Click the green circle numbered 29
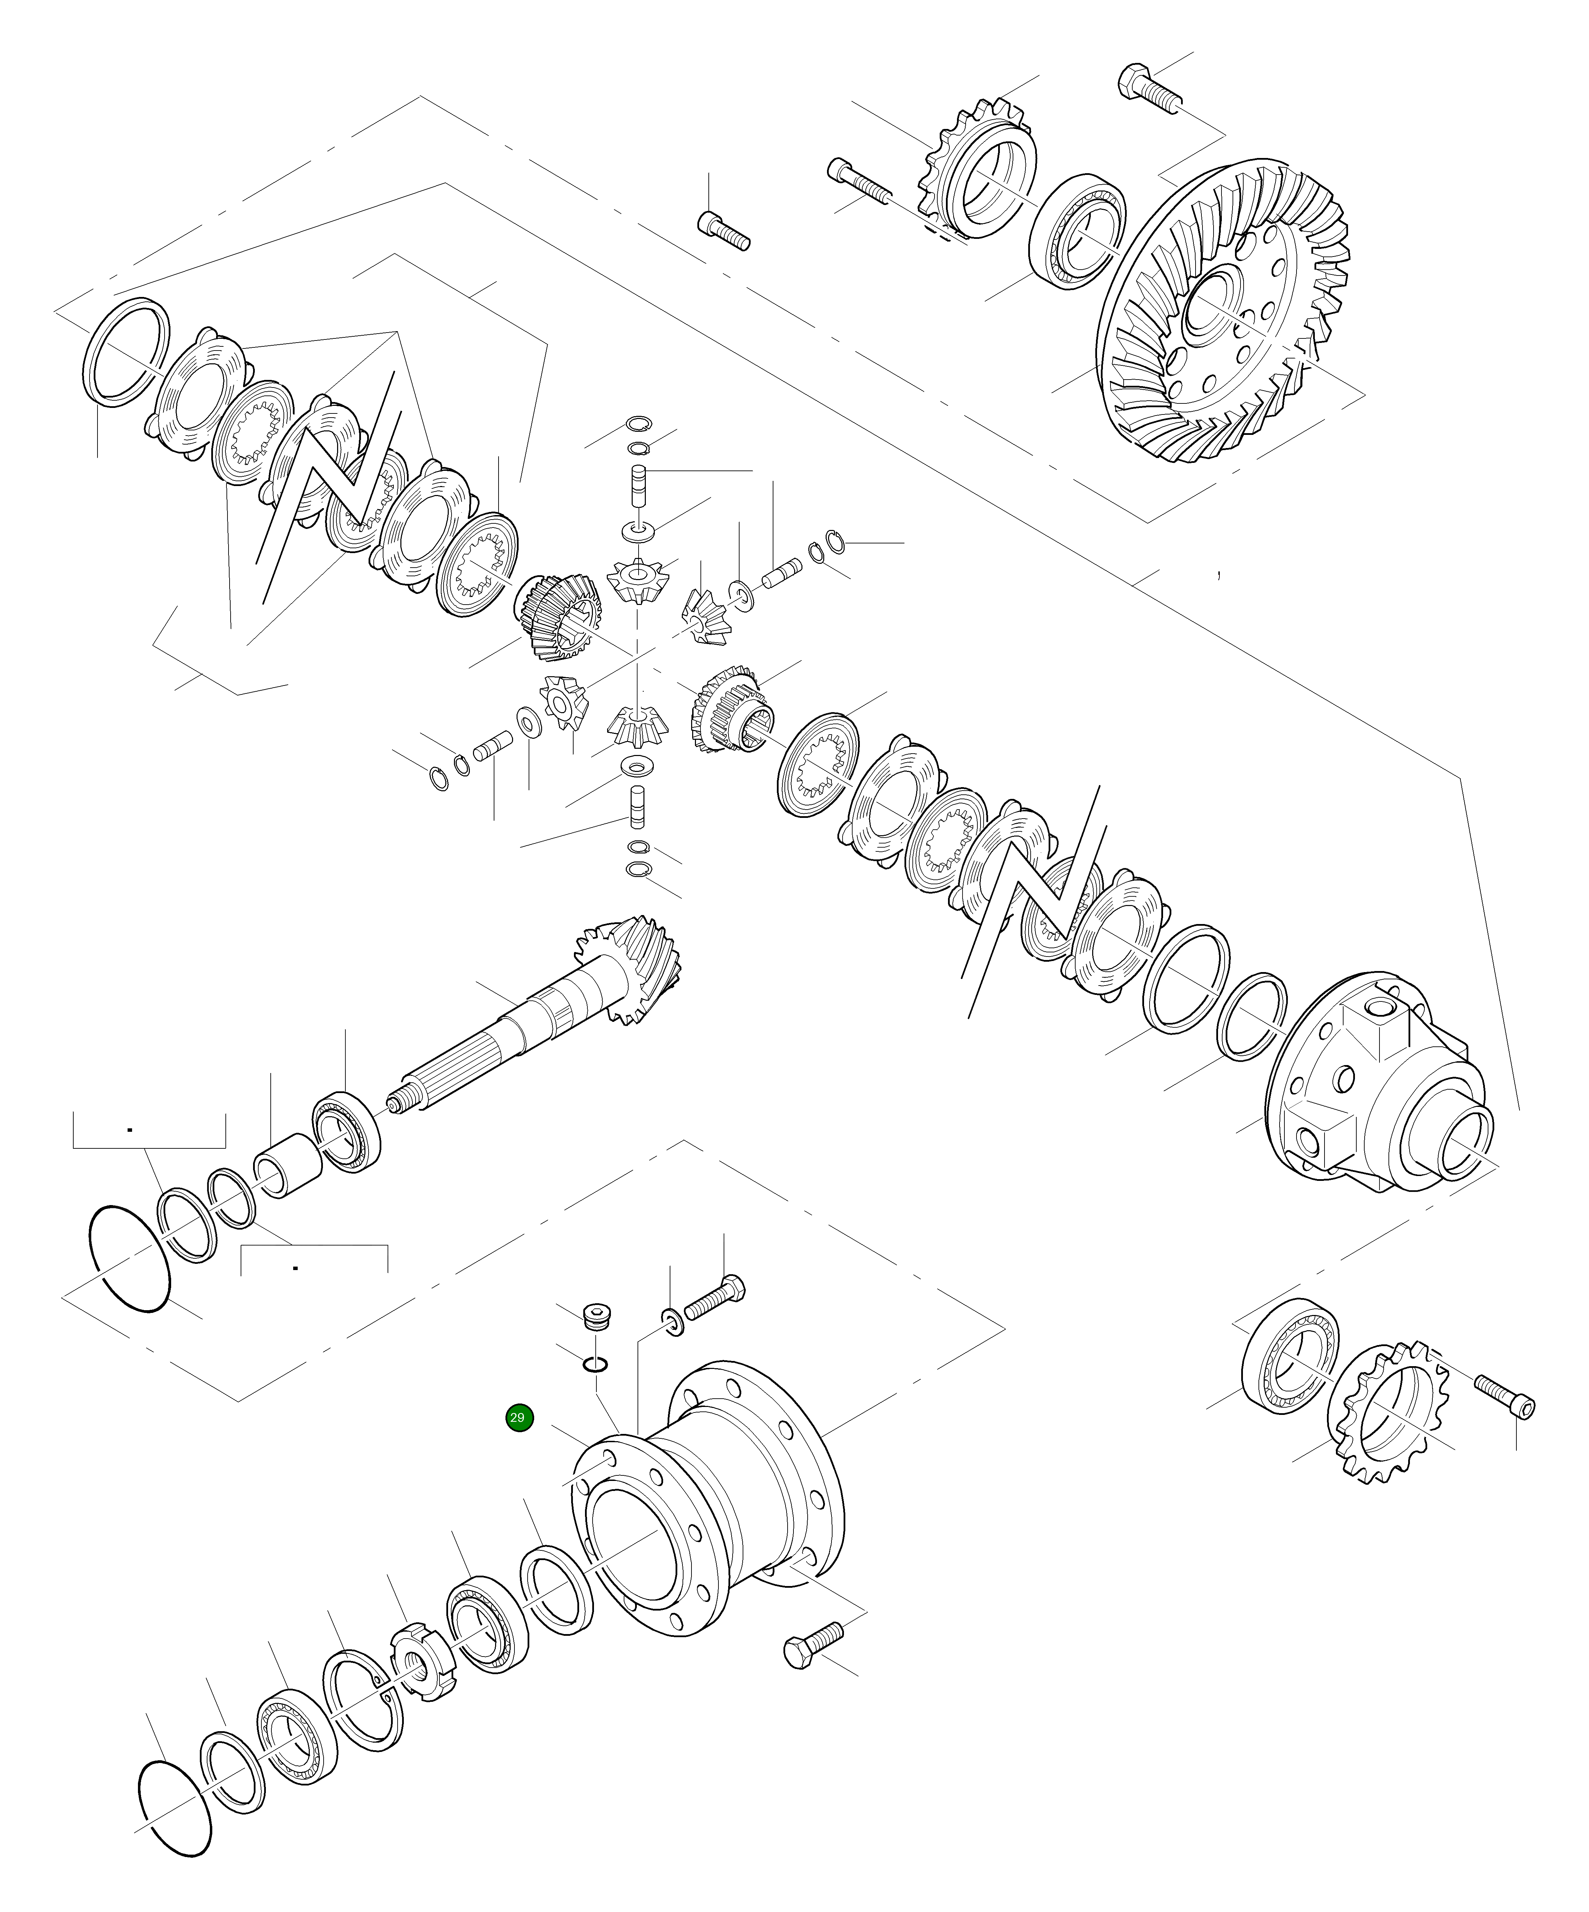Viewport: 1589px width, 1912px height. tap(517, 1418)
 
